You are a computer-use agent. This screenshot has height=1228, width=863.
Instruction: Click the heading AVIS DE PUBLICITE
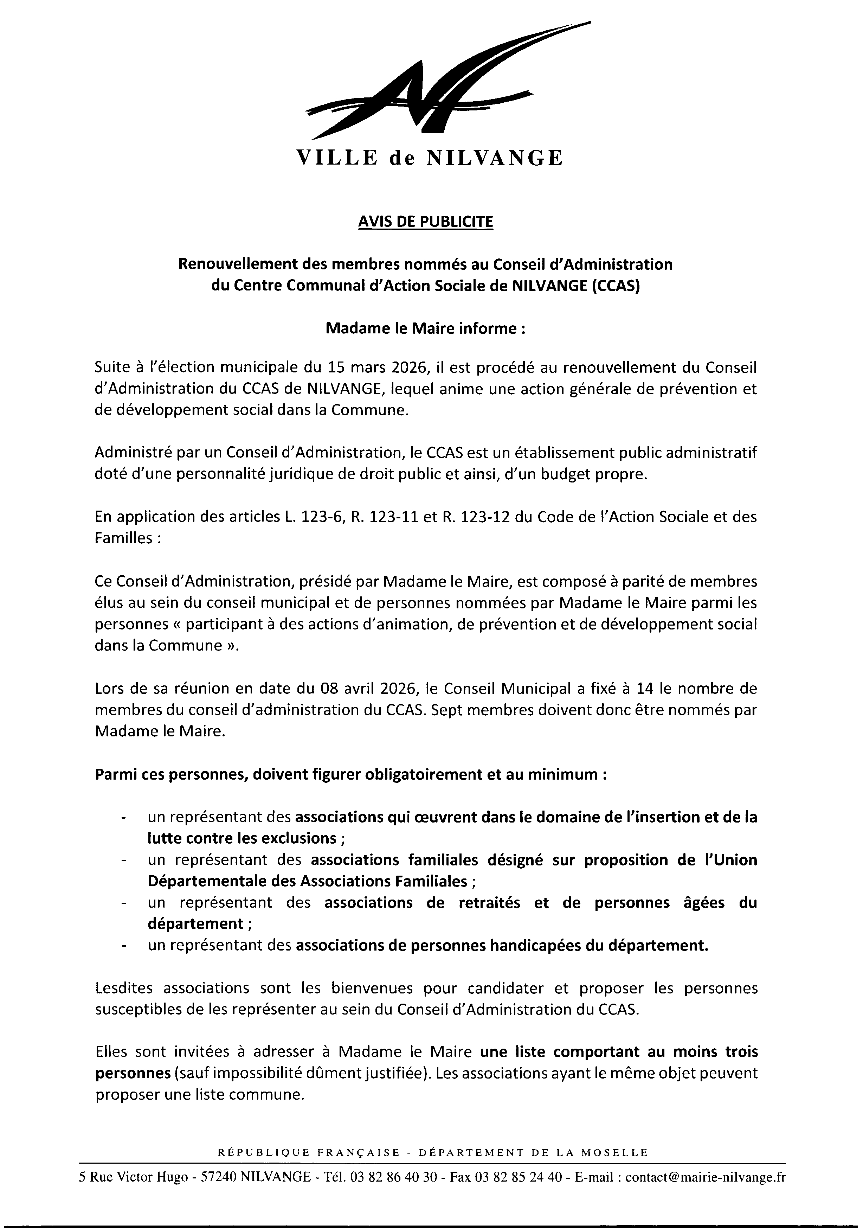pos(425,222)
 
